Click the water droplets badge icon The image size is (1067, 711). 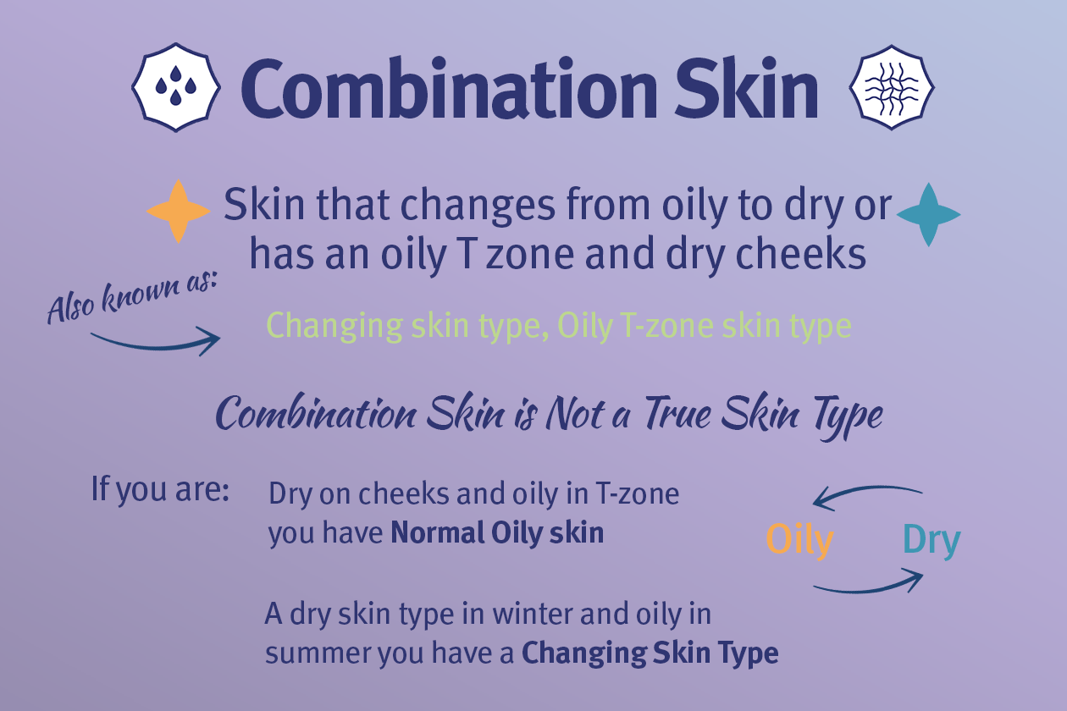point(176,87)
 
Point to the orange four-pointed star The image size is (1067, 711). point(178,212)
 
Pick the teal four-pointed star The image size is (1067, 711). point(929,214)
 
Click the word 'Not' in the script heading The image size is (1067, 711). point(583,415)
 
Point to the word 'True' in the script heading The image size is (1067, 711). point(687,415)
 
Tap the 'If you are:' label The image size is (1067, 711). point(160,489)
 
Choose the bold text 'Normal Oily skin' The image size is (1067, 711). point(497,533)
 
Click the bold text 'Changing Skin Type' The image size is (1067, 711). point(650,653)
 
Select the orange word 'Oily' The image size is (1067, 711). point(799,540)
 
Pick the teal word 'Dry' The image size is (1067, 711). point(932,540)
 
